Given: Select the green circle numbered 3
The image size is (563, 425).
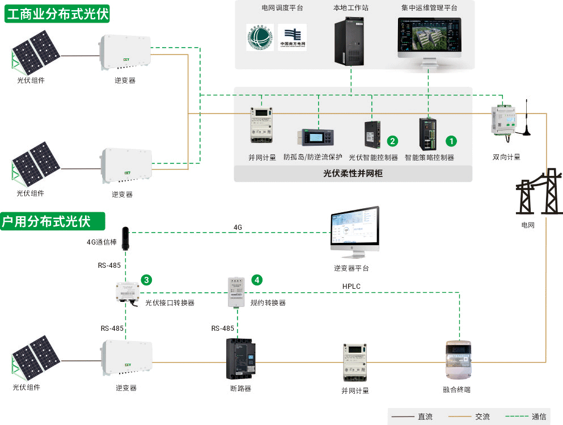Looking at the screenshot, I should (x=146, y=280).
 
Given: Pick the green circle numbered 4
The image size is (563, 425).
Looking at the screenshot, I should (x=257, y=280).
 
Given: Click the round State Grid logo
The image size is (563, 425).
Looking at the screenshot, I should (x=260, y=37).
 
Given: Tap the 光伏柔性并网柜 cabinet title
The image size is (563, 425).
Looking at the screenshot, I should (x=353, y=174).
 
